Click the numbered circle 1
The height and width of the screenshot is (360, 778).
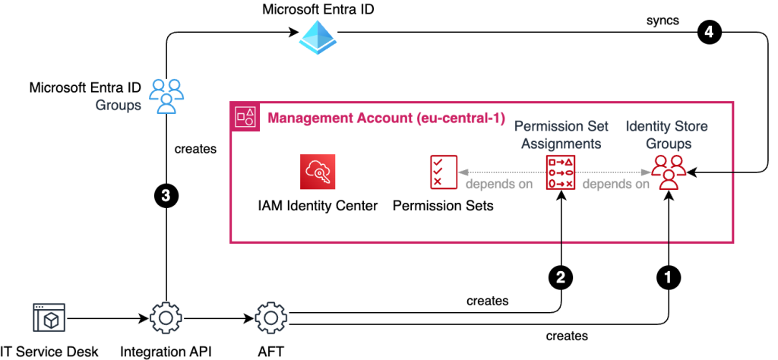pos(668,279)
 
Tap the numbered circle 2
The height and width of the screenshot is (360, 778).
pos(561,279)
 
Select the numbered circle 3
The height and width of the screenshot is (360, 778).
pos(166,196)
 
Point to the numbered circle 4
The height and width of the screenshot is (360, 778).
pos(707,33)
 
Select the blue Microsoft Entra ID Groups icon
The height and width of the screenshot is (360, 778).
pos(166,96)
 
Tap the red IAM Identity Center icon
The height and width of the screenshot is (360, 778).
pos(318,173)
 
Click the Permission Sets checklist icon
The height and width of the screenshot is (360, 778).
pos(442,173)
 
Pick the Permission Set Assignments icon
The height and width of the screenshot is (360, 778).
pos(561,173)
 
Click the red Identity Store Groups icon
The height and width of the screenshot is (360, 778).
pos(668,172)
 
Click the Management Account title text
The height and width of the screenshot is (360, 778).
pos(387,118)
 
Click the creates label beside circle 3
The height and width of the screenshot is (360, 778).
pos(195,149)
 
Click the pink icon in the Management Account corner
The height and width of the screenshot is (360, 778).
pos(245,117)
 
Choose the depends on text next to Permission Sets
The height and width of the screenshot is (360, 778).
pos(499,184)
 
